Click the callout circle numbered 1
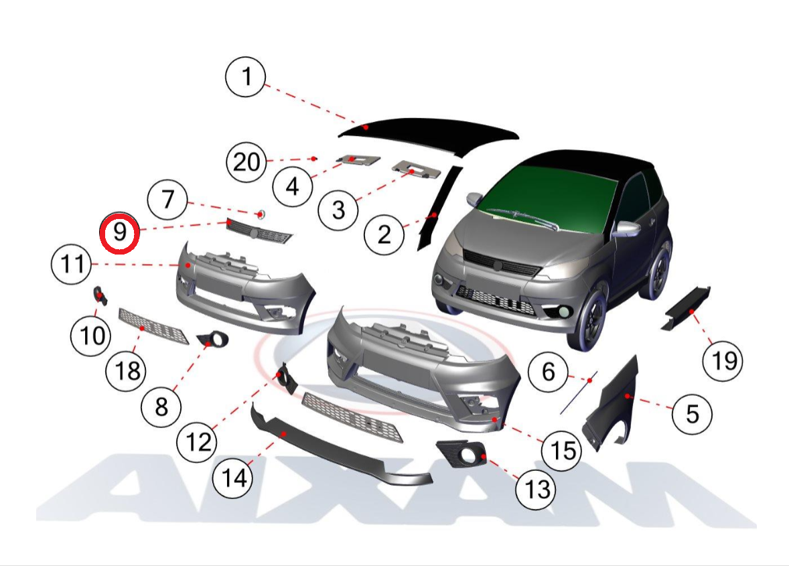(x=246, y=77)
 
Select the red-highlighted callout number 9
(x=119, y=232)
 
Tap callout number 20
(x=246, y=162)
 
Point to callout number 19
(x=723, y=361)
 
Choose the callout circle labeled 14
(x=233, y=478)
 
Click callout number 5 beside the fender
(x=693, y=413)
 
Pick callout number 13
(x=536, y=489)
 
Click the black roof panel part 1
(x=428, y=133)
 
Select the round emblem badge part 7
(x=261, y=214)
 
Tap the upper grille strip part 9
(x=259, y=231)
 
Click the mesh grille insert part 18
(x=153, y=326)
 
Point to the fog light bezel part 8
(x=214, y=340)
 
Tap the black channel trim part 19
(x=686, y=308)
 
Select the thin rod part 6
(x=579, y=393)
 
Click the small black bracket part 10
(x=100, y=295)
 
